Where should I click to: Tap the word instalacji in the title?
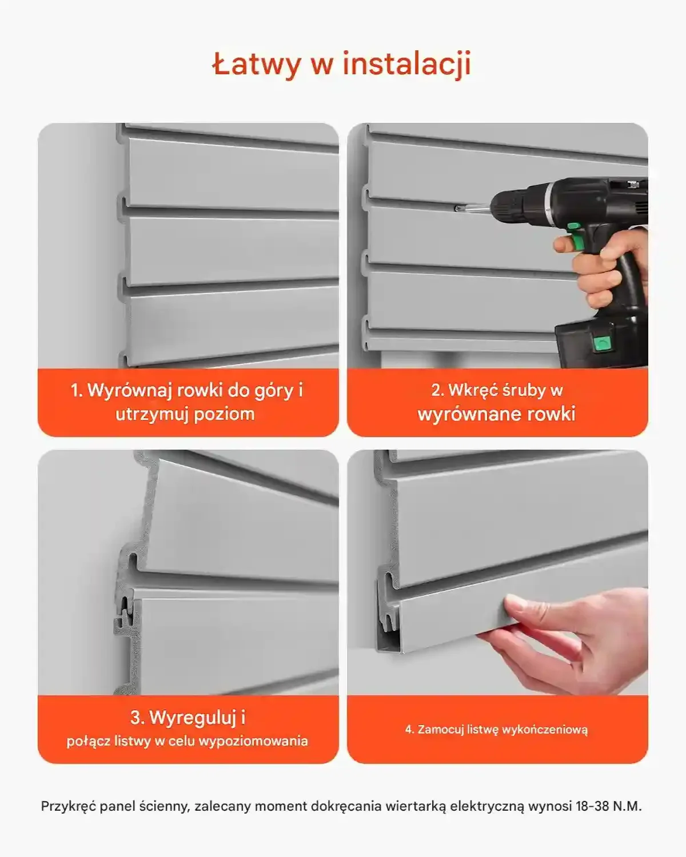[407, 64]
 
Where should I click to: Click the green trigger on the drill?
[575, 235]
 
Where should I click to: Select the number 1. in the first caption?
[77, 390]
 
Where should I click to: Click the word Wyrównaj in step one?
[130, 390]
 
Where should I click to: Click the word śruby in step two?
[524, 391]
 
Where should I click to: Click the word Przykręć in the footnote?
[69, 807]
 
